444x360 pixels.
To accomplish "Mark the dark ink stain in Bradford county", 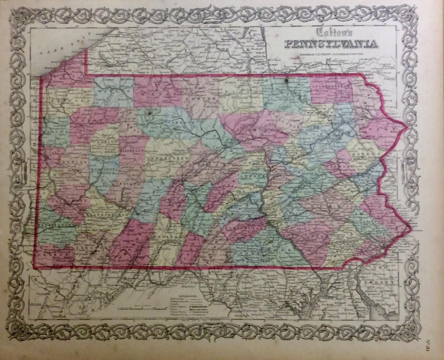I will point(287,80).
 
